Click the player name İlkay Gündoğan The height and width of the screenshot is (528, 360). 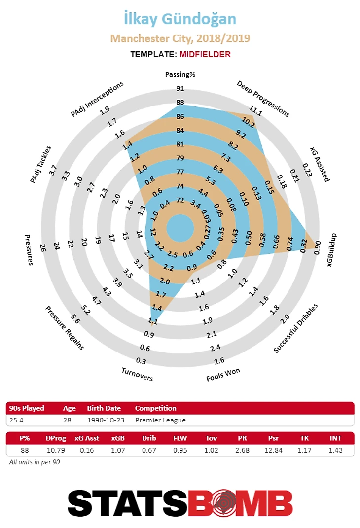pyautogui.click(x=180, y=19)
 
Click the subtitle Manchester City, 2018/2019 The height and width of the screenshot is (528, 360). pyautogui.click(x=180, y=38)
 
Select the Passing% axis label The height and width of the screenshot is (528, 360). pyautogui.click(x=180, y=75)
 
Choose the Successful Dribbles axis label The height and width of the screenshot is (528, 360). pyautogui.click(x=296, y=328)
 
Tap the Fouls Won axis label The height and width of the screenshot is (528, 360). pyautogui.click(x=223, y=375)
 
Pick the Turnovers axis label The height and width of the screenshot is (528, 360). pyautogui.click(x=137, y=375)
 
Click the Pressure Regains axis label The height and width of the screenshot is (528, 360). pyautogui.click(x=65, y=328)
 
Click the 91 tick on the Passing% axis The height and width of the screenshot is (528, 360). pyautogui.click(x=180, y=89)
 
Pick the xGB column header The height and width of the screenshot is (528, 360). pyautogui.click(x=118, y=437)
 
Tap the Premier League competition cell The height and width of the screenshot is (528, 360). pyautogui.click(x=160, y=421)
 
